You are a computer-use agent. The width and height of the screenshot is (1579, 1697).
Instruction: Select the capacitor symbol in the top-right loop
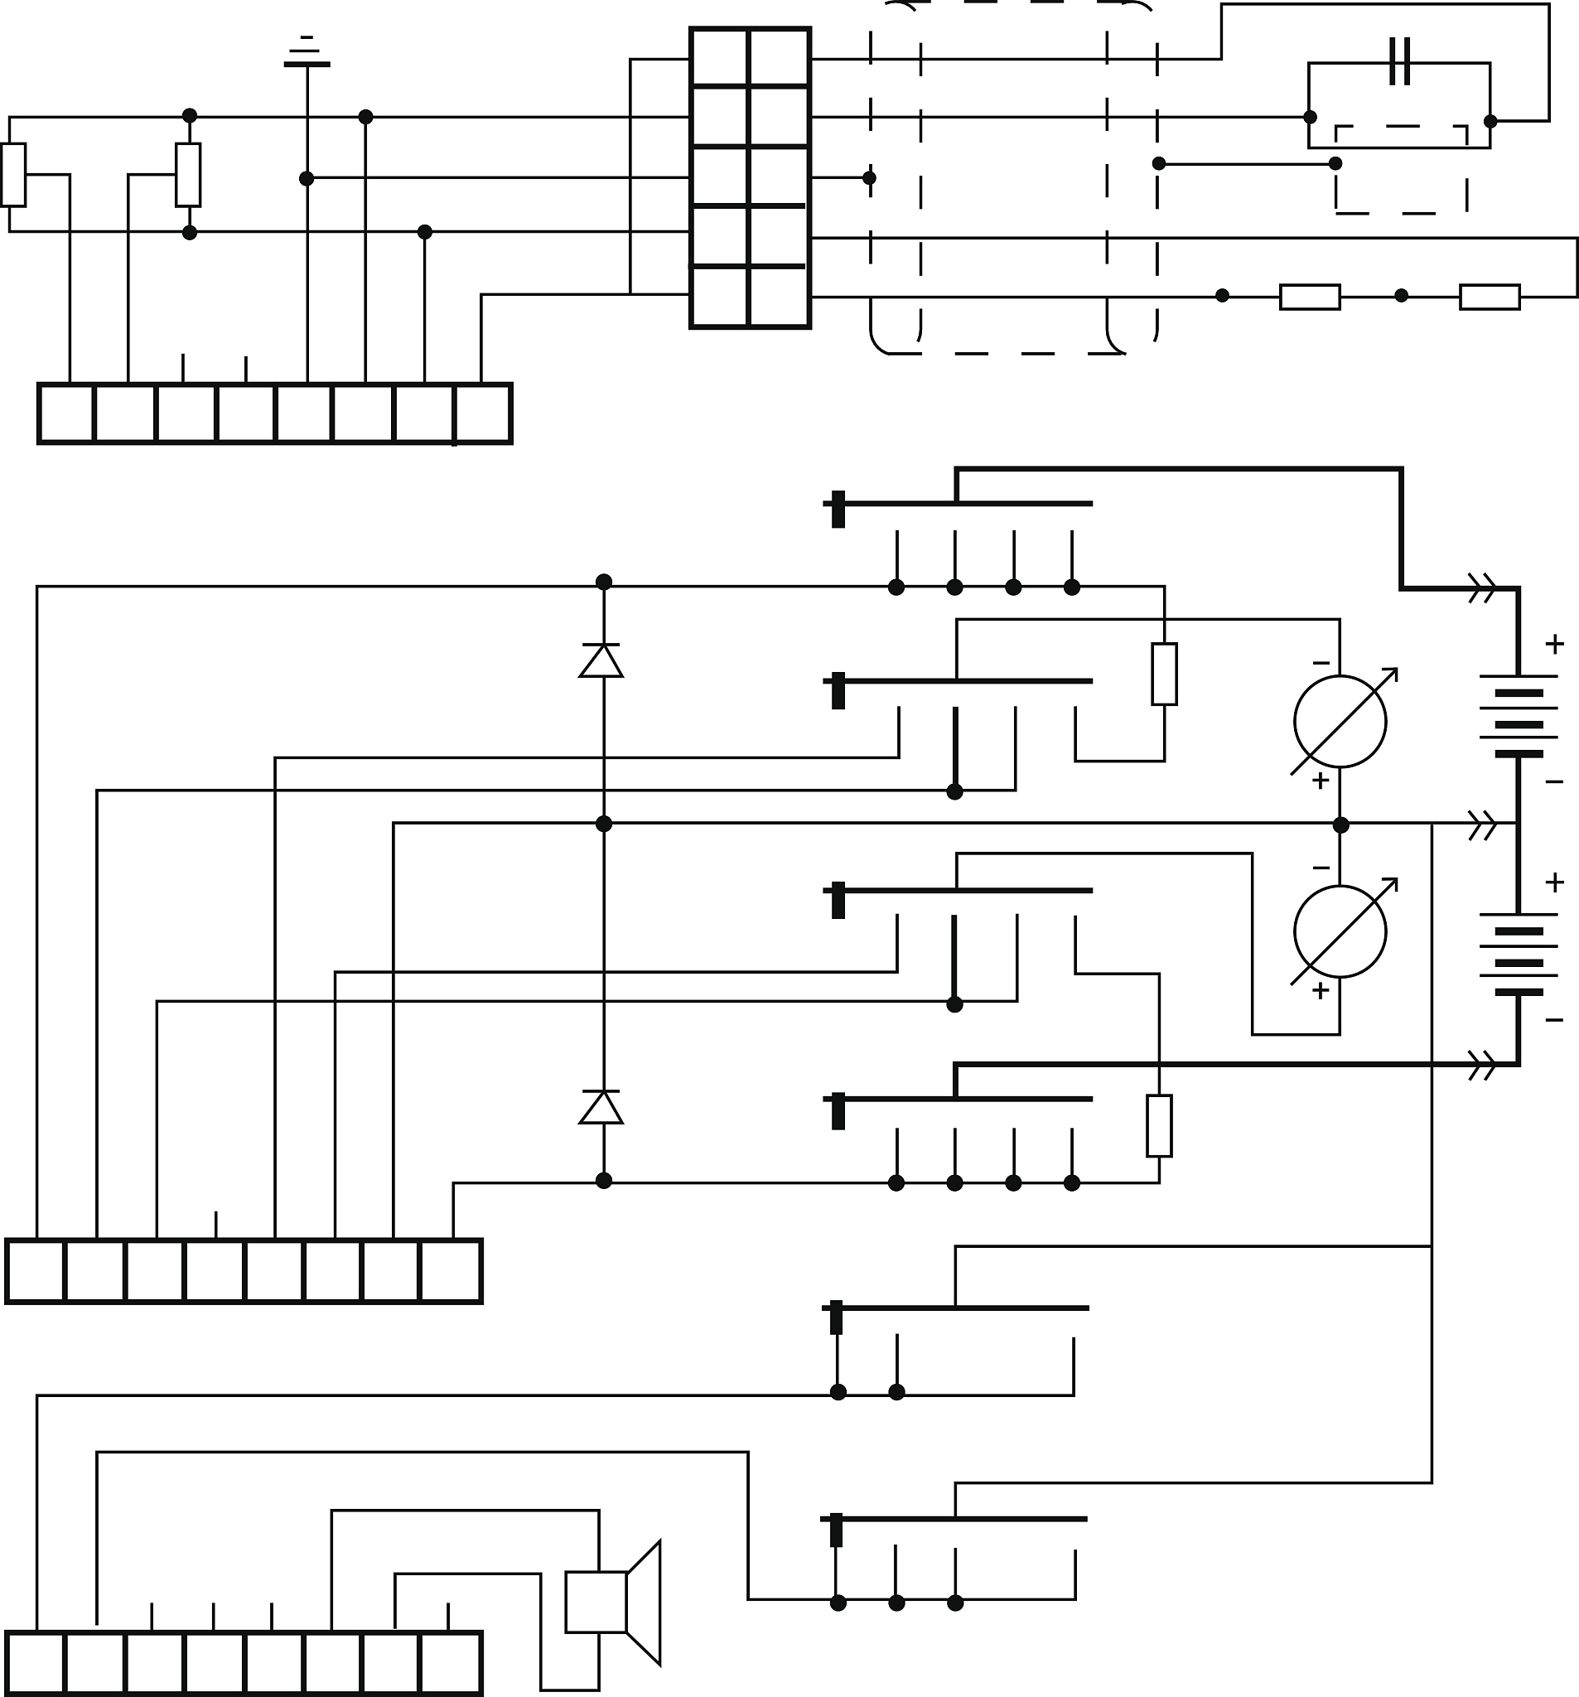[1400, 61]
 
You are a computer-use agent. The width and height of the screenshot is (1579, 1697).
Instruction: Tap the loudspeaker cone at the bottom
[644, 1603]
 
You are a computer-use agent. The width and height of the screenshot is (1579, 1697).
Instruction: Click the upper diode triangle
[601, 661]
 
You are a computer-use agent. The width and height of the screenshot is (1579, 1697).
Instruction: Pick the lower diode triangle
[601, 1108]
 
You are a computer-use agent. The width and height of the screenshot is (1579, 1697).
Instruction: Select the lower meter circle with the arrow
[1340, 931]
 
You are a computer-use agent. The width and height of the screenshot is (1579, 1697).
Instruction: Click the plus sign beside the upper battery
[1554, 645]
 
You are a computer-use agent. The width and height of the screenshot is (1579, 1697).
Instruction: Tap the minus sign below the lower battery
[1554, 1020]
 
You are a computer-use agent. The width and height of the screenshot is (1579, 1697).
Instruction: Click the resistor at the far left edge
[13, 175]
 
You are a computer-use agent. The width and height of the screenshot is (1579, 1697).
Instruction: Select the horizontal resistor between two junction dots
[1310, 296]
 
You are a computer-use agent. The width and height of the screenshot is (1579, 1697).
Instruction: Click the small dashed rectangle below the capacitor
[1402, 169]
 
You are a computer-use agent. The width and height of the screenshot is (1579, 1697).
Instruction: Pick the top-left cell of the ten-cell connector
[720, 57]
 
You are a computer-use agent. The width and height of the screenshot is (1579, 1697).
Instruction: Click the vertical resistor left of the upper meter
[1164, 674]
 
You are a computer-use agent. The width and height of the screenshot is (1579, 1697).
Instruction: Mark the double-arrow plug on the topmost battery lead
[1483, 588]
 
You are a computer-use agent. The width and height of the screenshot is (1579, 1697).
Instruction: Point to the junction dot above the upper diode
[604, 583]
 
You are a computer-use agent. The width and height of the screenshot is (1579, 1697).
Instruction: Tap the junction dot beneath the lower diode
[604, 1181]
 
